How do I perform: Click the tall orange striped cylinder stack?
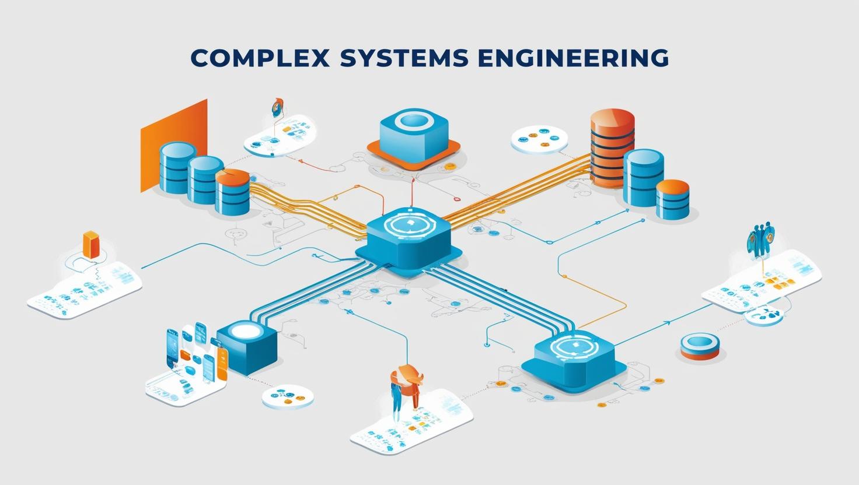[612, 146]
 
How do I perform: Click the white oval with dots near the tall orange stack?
[539, 139]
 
